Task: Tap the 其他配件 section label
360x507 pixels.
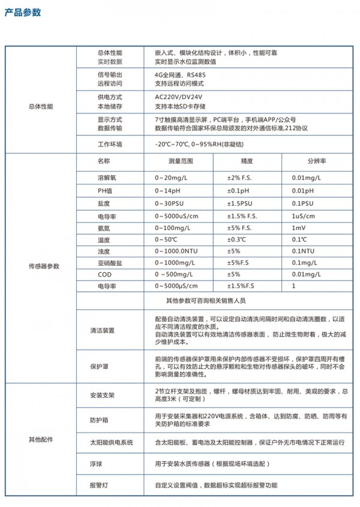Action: tap(40, 439)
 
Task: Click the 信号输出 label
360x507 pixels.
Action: tap(109, 74)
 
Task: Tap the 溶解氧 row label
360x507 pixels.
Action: tap(106, 178)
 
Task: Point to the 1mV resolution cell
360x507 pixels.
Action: tap(298, 228)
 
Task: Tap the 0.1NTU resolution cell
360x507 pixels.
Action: tap(303, 251)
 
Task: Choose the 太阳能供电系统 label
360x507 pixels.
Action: tap(111, 442)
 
